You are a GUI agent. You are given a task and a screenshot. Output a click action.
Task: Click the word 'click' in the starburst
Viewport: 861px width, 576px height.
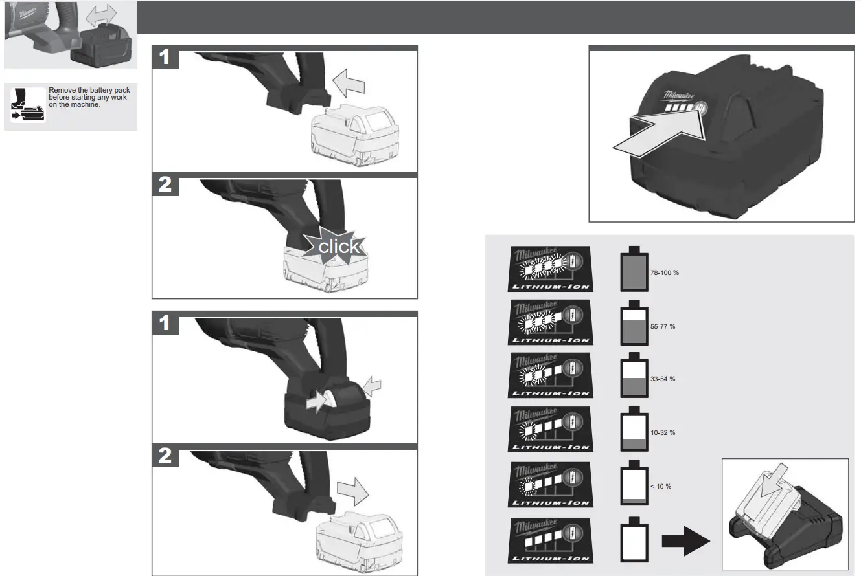tap(338, 247)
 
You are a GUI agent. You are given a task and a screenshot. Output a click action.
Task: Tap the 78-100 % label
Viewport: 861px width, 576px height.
tap(664, 273)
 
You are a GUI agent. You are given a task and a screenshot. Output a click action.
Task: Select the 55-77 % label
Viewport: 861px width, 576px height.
tap(662, 327)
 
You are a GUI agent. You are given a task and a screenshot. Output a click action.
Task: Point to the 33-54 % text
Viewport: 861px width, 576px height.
tap(662, 379)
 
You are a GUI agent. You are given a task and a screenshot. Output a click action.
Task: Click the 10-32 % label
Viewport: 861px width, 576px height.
tap(662, 432)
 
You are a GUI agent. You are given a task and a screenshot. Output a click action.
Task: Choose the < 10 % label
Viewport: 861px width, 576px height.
tap(660, 486)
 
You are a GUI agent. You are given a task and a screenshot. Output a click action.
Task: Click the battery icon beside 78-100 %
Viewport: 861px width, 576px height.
tap(634, 270)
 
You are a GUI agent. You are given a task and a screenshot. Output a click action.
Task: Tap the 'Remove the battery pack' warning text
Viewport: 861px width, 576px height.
tap(88, 97)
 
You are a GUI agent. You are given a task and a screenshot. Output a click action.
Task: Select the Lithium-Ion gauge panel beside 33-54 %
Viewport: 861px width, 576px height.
tap(550, 375)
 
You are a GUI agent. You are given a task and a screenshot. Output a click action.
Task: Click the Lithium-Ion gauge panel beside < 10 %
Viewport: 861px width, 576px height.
tap(550, 484)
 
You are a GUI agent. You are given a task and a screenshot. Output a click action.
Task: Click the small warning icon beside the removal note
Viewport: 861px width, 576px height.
tap(27, 105)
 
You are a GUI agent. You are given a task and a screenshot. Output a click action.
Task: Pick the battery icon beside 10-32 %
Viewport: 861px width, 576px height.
tap(634, 430)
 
